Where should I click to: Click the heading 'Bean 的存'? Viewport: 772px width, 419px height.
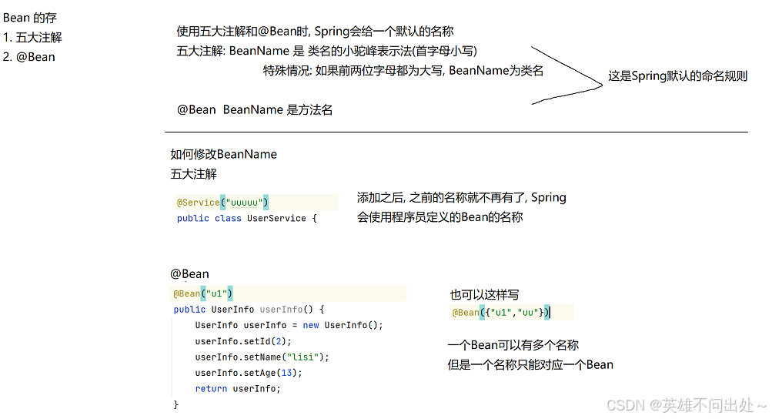30,17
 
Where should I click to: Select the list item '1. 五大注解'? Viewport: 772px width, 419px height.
32,37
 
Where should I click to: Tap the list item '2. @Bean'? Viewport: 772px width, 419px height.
29,56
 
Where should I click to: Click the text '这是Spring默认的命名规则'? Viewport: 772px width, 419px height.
677,76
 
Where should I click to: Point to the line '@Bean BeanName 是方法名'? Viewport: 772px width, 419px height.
255,109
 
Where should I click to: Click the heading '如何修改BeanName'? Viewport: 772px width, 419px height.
223,154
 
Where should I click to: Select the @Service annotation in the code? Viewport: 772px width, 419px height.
198,203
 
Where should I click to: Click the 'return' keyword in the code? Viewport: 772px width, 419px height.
211,388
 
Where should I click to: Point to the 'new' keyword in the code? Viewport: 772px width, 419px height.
310,325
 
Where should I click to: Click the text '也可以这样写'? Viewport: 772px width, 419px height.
484,295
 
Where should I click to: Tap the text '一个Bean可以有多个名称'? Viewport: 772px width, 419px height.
513,345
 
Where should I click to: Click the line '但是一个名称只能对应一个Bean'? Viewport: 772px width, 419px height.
530,364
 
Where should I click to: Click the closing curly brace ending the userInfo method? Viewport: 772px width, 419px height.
175,404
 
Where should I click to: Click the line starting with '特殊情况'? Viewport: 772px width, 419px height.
403,71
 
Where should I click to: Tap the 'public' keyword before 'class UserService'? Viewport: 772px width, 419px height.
192,218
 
